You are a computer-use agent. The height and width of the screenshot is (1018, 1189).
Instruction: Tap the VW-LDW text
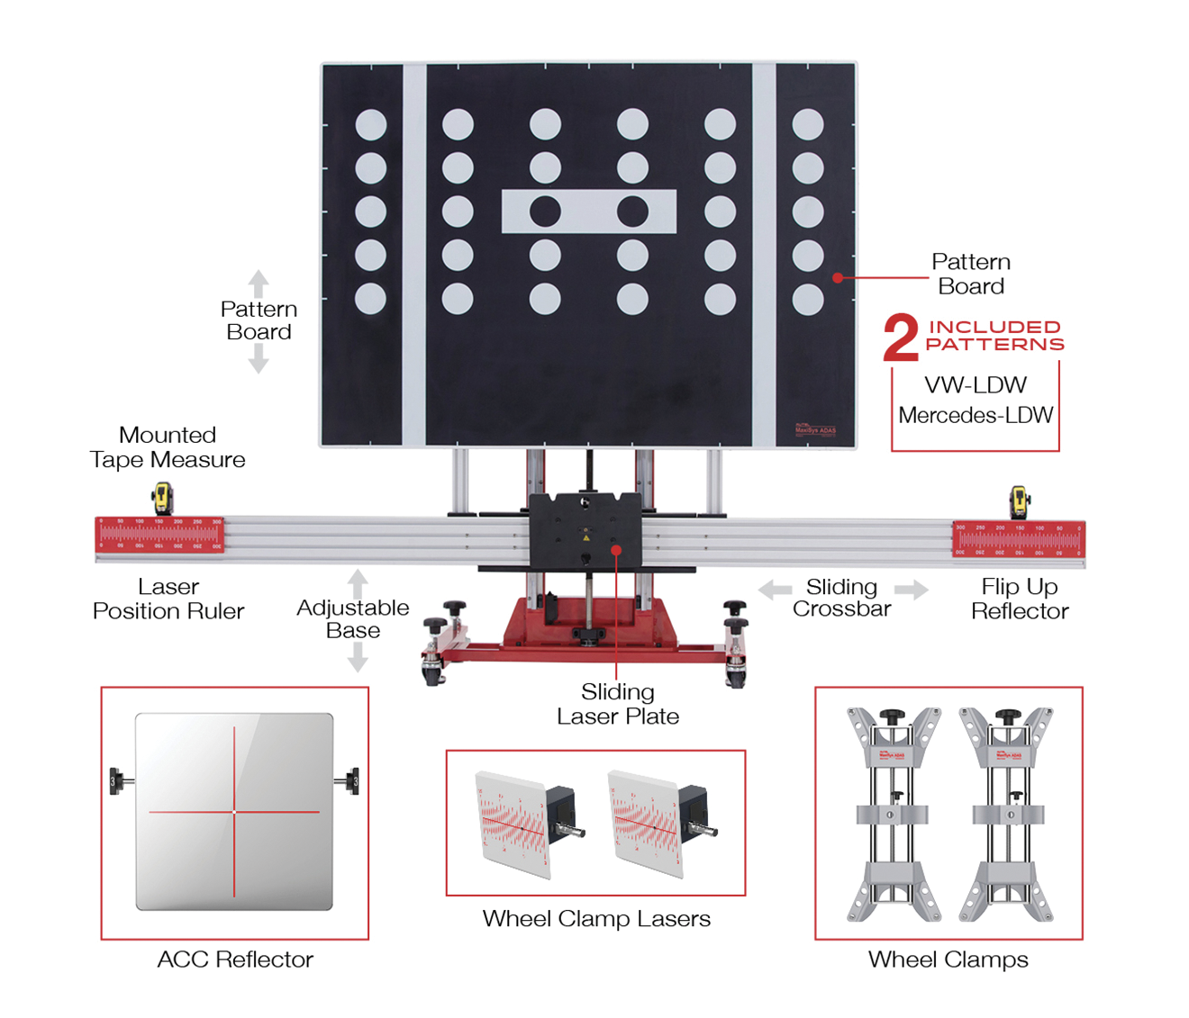pyautogui.click(x=976, y=385)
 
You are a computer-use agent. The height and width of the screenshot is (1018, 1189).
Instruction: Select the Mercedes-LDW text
pyautogui.click(x=976, y=415)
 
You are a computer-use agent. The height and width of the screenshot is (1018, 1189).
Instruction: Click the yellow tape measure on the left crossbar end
pyautogui.click(x=162, y=498)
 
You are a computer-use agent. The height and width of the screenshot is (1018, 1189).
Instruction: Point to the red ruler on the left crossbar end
pyautogui.click(x=159, y=534)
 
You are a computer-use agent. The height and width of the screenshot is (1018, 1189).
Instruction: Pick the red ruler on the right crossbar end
pyautogui.click(x=1018, y=538)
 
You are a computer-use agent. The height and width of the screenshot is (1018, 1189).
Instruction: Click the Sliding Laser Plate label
pyautogui.click(x=618, y=704)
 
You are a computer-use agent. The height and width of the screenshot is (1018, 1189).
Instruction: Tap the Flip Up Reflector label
pyautogui.click(x=1020, y=599)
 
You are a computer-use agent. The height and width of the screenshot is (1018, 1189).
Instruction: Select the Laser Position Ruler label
pyautogui.click(x=168, y=599)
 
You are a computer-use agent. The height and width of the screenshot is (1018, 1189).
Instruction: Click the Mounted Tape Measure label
pyautogui.click(x=168, y=447)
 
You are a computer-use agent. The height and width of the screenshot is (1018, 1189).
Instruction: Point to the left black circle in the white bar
pyautogui.click(x=545, y=212)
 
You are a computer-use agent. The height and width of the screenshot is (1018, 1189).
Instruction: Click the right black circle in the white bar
pyautogui.click(x=632, y=212)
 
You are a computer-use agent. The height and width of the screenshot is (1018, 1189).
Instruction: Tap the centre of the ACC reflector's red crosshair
pyautogui.click(x=234, y=812)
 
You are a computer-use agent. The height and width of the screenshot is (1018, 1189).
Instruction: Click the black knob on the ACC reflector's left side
pyautogui.click(x=117, y=779)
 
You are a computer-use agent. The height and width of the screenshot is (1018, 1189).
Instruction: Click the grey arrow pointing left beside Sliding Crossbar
pyautogui.click(x=775, y=590)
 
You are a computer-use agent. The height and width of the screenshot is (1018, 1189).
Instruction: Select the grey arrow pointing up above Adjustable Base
pyautogui.click(x=358, y=582)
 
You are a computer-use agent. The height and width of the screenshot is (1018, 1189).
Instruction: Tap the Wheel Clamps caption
pyautogui.click(x=948, y=959)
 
